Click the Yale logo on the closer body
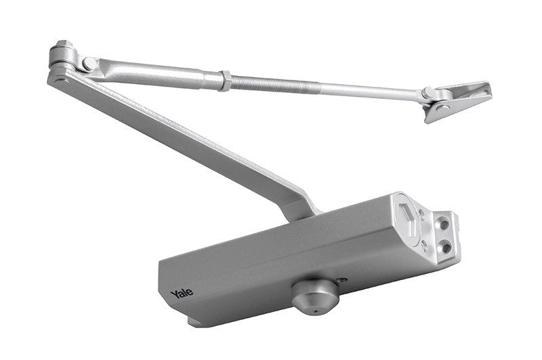(x=182, y=293)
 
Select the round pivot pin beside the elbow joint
(x=89, y=64)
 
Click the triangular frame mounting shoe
(x=461, y=98)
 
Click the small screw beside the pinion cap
(x=342, y=279)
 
